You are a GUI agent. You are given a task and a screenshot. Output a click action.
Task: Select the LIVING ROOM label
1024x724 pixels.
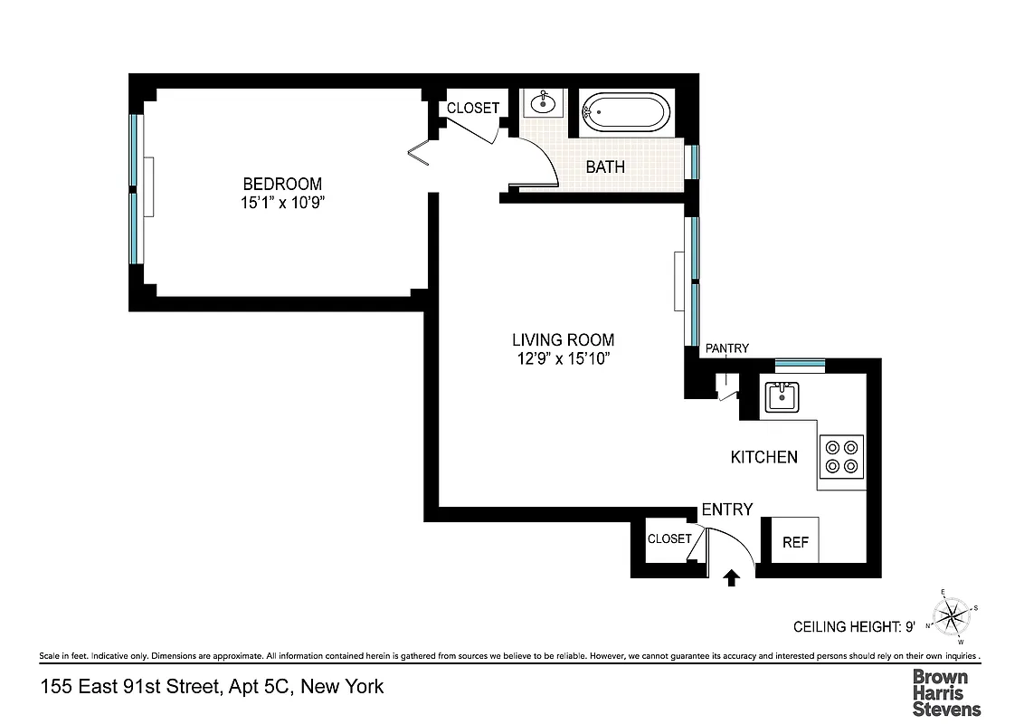[x=563, y=340]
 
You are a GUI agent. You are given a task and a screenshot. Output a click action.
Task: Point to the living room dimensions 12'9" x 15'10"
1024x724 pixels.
[x=563, y=360]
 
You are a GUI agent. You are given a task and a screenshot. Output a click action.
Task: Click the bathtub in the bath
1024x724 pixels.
[x=625, y=113]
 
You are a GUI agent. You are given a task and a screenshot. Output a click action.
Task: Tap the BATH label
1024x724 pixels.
[x=605, y=167]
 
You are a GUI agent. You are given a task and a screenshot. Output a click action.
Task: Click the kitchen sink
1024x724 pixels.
[x=780, y=395]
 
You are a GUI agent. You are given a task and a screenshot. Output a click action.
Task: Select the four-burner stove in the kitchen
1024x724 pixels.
[x=841, y=457]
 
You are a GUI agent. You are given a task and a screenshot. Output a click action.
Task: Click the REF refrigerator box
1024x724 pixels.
[x=795, y=542]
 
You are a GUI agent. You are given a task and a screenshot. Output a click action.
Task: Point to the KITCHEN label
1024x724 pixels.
[x=764, y=457]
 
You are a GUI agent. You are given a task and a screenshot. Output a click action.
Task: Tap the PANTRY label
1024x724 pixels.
[x=726, y=348]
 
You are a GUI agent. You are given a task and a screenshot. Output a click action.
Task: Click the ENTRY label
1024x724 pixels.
[x=727, y=510]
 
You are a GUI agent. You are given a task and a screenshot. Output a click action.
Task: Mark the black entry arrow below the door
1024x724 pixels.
[x=732, y=577]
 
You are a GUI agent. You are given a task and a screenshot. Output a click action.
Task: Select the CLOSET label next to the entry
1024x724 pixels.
[x=669, y=538]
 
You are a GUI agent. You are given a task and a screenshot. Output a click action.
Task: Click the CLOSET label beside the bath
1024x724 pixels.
[x=473, y=108]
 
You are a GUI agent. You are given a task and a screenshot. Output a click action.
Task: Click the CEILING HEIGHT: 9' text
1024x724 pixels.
[x=854, y=626]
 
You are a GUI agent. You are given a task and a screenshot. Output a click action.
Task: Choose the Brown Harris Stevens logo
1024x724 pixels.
[x=945, y=692]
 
